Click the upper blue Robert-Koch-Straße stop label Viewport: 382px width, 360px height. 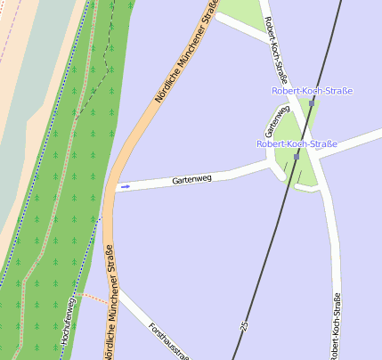point(312,91)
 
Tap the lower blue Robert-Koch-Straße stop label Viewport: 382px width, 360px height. point(297,143)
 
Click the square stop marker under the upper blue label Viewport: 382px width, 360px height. point(312,103)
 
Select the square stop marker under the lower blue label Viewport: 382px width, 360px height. point(296,157)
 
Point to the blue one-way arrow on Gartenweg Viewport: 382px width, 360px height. point(126,186)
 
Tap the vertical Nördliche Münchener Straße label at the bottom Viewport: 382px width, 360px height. point(110,307)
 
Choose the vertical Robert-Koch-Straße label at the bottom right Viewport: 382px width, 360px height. point(335,325)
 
